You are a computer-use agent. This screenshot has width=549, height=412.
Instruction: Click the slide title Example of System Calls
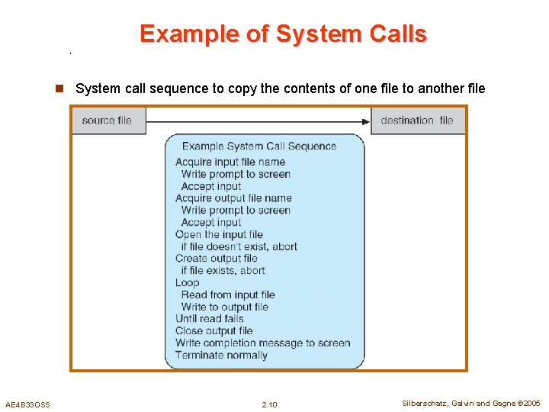coord(283,34)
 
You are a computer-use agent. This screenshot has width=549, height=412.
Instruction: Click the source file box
coord(108,121)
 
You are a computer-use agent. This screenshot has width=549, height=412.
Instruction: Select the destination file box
coord(417,121)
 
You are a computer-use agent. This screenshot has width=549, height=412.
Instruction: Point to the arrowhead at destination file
coord(365,121)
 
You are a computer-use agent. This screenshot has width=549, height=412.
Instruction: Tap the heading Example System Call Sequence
coord(259,146)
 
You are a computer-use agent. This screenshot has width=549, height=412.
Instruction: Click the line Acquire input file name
coord(230,162)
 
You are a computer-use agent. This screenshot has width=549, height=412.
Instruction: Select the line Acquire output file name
coord(233,198)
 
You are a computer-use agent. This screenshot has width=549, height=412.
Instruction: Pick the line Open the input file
coord(219,234)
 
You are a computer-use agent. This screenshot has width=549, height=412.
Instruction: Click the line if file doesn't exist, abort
coord(239,246)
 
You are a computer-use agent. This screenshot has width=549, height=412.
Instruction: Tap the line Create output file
coord(217,259)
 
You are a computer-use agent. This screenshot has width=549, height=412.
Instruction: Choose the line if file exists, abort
coord(223,270)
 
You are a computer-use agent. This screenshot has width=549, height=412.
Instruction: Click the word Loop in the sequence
coord(187,282)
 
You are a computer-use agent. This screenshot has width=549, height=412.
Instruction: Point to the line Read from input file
coord(228,295)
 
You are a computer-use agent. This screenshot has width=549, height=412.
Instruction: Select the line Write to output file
coord(225,307)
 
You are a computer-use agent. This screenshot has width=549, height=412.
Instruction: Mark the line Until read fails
coord(210,319)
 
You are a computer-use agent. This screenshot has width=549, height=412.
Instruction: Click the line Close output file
coord(213,331)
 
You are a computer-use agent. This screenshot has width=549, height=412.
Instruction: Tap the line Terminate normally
coord(221,355)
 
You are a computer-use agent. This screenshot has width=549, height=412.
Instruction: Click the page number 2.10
coord(269,404)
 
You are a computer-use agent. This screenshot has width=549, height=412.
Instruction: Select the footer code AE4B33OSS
coord(27,404)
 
